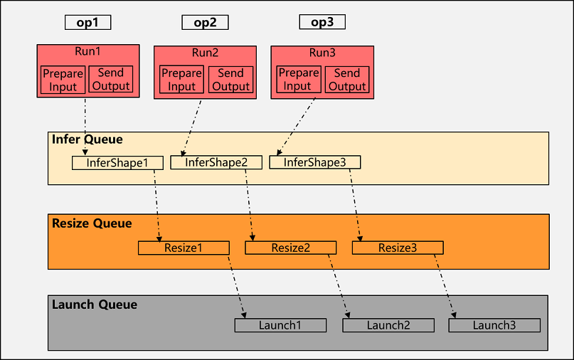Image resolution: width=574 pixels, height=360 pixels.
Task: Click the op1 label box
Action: click(x=87, y=22)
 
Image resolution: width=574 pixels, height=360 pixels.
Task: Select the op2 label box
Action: click(x=205, y=22)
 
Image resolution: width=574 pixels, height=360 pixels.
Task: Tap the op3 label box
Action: click(x=321, y=22)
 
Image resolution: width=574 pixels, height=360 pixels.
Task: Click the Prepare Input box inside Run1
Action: click(x=63, y=80)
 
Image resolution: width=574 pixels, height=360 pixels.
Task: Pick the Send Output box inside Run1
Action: click(x=111, y=80)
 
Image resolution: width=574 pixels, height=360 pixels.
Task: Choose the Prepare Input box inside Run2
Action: click(x=181, y=80)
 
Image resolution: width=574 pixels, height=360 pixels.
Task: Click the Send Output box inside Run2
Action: click(x=230, y=80)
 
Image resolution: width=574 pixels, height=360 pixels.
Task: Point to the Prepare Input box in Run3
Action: click(x=298, y=80)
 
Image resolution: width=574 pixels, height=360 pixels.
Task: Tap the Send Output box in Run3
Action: click(x=346, y=80)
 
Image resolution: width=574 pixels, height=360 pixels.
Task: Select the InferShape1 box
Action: click(x=117, y=163)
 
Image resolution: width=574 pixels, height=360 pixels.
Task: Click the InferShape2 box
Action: click(x=216, y=163)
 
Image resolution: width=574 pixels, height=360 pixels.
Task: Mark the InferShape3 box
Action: click(x=314, y=163)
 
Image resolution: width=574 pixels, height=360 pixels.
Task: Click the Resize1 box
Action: click(x=184, y=248)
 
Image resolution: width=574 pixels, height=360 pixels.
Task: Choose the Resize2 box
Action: click(x=291, y=248)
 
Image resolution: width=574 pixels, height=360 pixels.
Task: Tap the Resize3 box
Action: click(x=398, y=248)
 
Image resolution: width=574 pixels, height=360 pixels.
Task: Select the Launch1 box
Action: click(x=280, y=326)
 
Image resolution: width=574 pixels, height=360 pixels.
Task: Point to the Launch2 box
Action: click(x=388, y=326)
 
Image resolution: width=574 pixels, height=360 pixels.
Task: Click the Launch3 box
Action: click(x=494, y=326)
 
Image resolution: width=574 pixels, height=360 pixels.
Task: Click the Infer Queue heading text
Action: click(x=87, y=139)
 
